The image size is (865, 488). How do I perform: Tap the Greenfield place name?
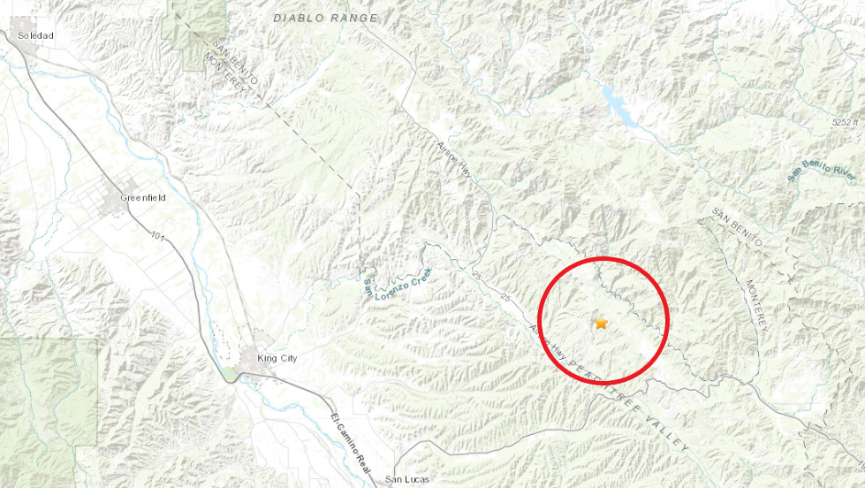(x=143, y=198)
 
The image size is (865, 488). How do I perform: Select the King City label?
(x=277, y=358)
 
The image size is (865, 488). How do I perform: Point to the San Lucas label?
(x=406, y=481)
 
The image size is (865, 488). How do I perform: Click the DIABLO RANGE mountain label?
(x=325, y=18)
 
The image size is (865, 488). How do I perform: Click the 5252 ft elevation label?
(x=845, y=122)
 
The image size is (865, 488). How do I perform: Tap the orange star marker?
(x=602, y=324)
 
